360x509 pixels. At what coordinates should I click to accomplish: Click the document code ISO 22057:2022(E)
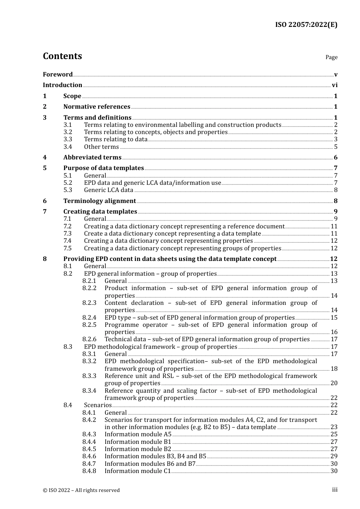306,25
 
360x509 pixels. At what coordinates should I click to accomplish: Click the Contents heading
62,56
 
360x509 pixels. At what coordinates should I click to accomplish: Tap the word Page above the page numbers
331,57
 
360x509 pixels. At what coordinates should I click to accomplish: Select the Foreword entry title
58,74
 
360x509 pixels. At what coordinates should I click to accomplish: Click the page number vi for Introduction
335,85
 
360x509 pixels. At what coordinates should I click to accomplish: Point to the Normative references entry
97,107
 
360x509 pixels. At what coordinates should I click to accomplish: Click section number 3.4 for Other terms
68,147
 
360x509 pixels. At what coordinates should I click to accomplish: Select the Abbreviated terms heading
92,158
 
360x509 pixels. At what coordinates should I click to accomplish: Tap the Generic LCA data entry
109,190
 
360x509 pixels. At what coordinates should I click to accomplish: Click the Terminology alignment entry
100,201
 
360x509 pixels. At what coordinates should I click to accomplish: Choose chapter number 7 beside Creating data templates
45,212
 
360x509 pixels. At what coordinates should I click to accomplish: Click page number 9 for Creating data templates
335,212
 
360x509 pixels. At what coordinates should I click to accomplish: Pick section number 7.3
68,234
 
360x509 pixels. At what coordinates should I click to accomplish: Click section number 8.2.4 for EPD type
89,318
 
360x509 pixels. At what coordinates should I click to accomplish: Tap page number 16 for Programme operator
334,332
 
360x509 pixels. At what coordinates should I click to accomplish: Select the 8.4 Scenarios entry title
98,405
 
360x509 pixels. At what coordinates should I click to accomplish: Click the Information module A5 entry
138,434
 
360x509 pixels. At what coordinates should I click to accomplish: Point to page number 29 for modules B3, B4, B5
334,456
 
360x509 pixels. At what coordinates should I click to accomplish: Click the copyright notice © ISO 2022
81,490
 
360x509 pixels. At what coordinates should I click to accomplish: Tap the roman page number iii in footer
335,490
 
